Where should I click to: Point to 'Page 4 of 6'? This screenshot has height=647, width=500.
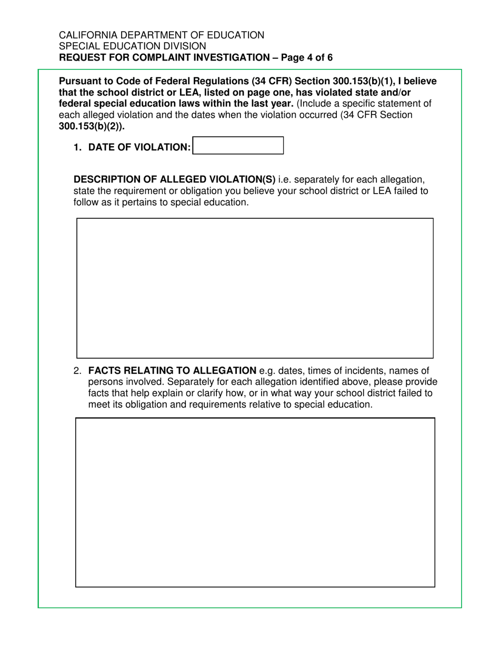click(307, 57)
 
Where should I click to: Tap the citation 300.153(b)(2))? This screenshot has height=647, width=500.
click(92, 126)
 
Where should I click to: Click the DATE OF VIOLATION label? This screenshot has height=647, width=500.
click(139, 148)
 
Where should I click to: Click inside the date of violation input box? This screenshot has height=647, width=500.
click(238, 145)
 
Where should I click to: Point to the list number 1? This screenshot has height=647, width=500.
click(77, 148)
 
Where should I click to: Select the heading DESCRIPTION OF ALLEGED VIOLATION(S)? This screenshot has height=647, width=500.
click(174, 179)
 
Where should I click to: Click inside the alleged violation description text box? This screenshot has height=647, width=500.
click(255, 288)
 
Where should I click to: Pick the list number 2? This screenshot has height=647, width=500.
click(77, 371)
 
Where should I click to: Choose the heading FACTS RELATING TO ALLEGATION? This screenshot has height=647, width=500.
click(172, 371)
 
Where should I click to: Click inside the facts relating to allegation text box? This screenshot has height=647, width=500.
click(255, 502)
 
